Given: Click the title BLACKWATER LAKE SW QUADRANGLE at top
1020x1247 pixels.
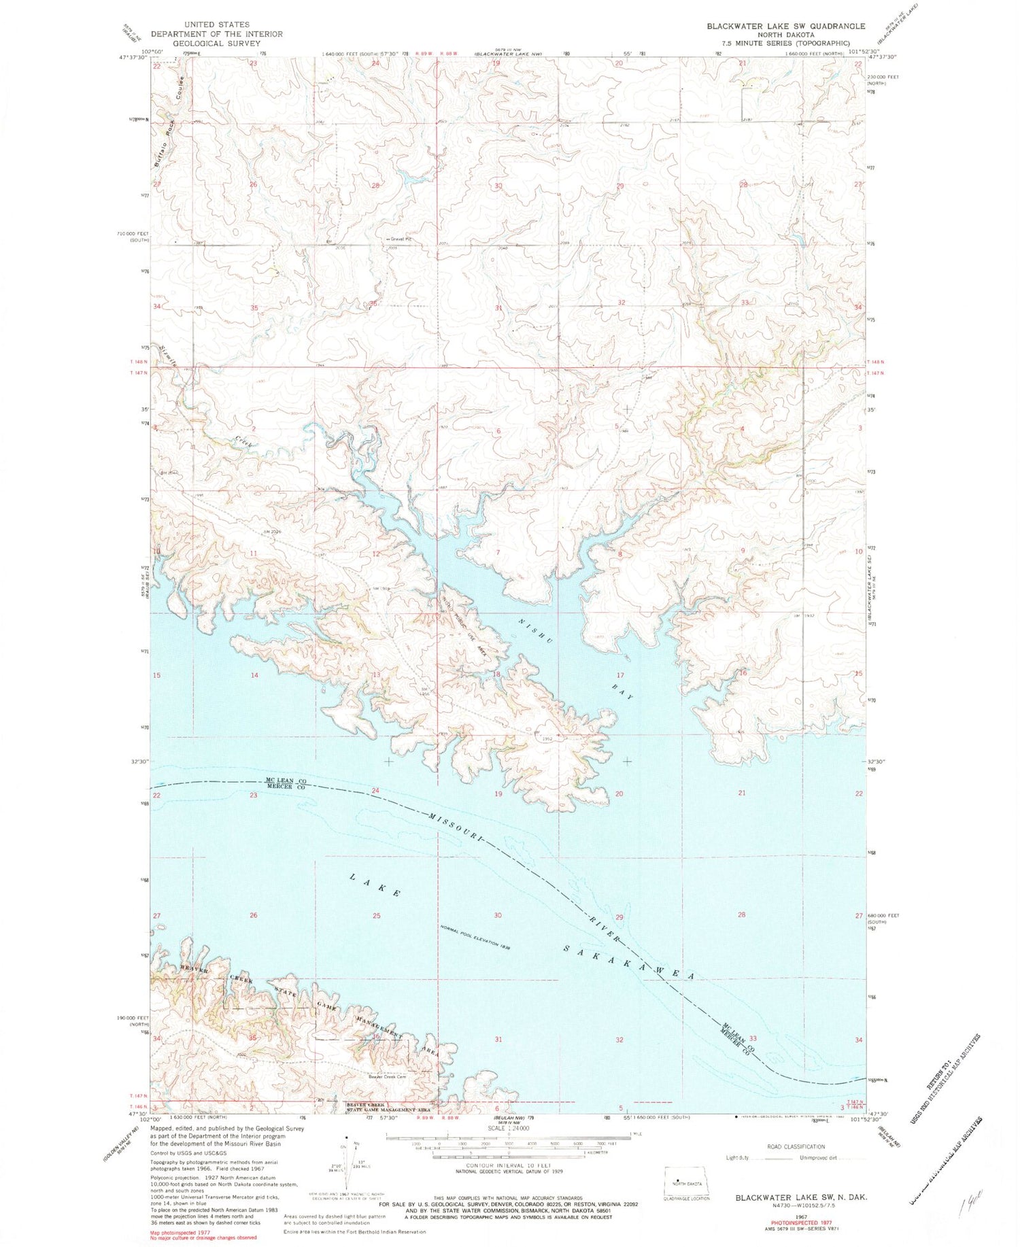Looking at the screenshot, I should click(785, 26).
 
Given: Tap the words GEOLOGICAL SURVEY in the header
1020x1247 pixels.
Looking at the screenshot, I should click(216, 43).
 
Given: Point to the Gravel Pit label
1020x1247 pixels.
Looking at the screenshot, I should click(403, 239).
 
